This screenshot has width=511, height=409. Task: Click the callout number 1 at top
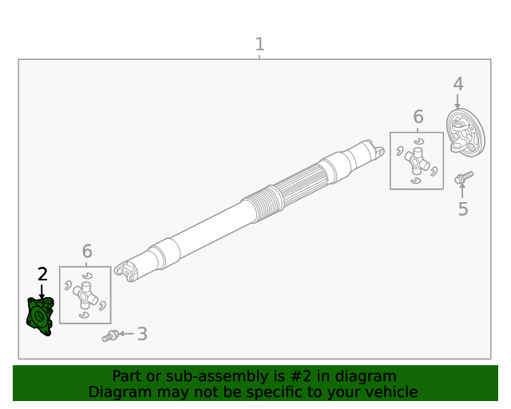point(259,45)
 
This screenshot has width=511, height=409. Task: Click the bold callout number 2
point(42,274)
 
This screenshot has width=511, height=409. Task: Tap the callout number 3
point(142,334)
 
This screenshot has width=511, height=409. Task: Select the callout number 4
point(458,84)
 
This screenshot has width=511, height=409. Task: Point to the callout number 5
point(463,209)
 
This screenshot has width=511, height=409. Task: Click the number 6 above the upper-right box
point(418,117)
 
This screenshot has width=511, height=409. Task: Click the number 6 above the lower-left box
point(87,252)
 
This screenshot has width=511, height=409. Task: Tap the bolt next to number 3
point(110,336)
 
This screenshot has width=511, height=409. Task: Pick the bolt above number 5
point(463,177)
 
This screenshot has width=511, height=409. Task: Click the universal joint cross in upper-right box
point(416,160)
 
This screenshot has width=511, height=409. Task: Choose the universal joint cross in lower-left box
point(85,296)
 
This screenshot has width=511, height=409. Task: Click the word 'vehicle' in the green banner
point(390,392)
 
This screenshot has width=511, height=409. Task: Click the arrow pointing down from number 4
point(458,101)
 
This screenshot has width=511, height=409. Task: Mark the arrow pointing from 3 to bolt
point(126,334)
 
